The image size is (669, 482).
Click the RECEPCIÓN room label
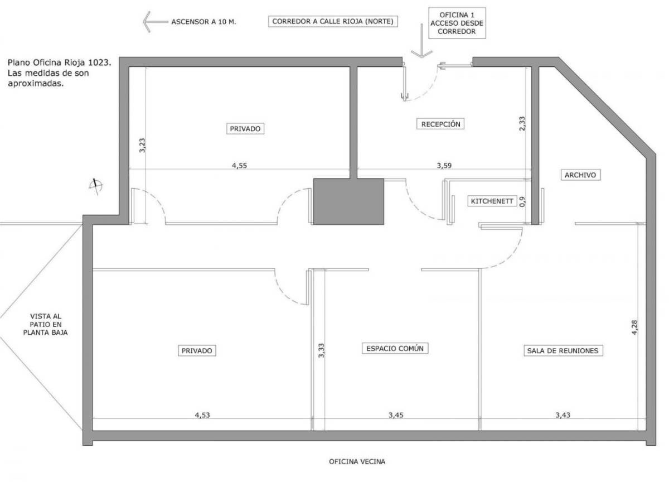point(440,124)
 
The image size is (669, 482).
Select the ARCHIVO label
point(580,175)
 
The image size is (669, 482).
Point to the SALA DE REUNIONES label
point(563,351)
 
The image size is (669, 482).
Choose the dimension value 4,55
point(240,165)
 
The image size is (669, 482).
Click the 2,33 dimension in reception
point(522,123)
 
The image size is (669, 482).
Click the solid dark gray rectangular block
point(348,201)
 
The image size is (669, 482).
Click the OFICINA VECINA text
point(357,462)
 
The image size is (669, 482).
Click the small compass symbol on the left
point(96,186)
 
